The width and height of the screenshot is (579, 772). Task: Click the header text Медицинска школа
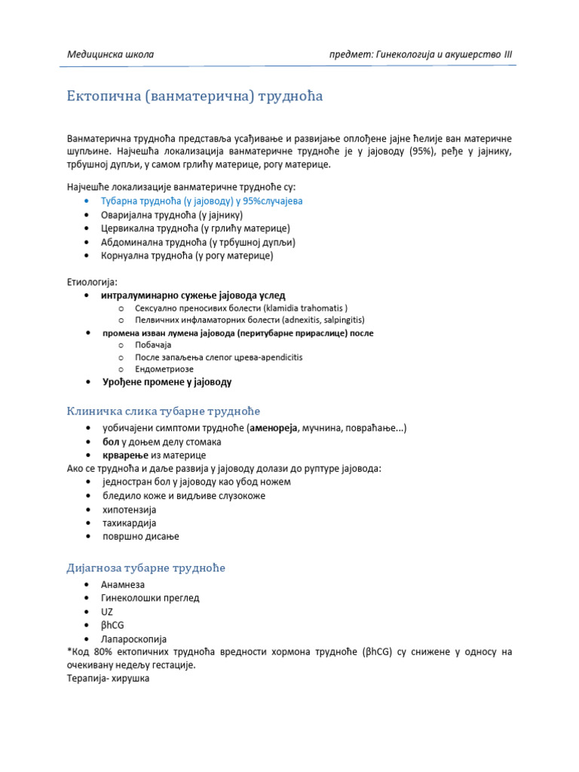tap(110, 54)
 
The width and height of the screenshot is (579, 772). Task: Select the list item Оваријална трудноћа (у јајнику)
tap(178, 215)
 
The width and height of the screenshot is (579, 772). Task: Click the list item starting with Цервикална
tap(195, 228)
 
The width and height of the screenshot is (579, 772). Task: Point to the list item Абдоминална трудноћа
tap(198, 242)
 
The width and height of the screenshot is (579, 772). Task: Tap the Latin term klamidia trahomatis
tap(304, 308)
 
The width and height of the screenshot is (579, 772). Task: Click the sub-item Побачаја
tap(153, 345)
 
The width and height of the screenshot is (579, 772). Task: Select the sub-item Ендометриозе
tap(164, 369)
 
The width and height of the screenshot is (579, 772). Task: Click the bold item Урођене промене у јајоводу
tap(167, 382)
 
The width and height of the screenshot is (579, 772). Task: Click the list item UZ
tap(106, 611)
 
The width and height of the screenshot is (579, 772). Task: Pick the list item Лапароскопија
tap(133, 639)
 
